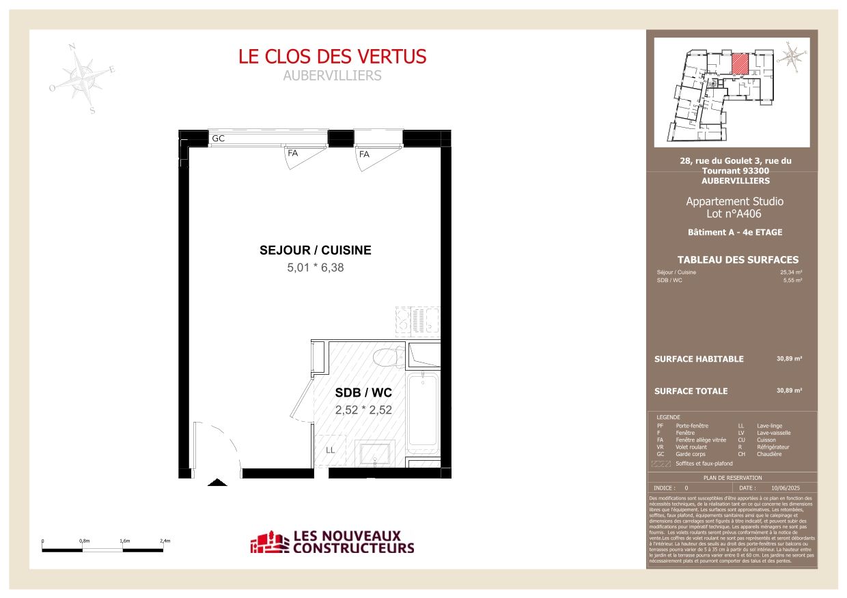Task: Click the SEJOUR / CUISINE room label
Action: coord(316,251)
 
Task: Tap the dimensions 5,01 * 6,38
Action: coord(316,268)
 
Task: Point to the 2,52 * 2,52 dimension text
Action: coord(363,411)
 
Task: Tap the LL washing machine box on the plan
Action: coord(331,451)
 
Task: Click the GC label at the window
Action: coord(219,139)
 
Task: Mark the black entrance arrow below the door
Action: coord(217,483)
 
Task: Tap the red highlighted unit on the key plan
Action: coord(740,63)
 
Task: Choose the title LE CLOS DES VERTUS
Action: coord(332,56)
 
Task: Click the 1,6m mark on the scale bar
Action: coord(125,541)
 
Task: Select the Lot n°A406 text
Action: coord(734,214)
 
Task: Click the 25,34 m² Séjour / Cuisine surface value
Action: coord(790,272)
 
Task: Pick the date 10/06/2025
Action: coord(784,488)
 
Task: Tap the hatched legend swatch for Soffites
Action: coord(661,464)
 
